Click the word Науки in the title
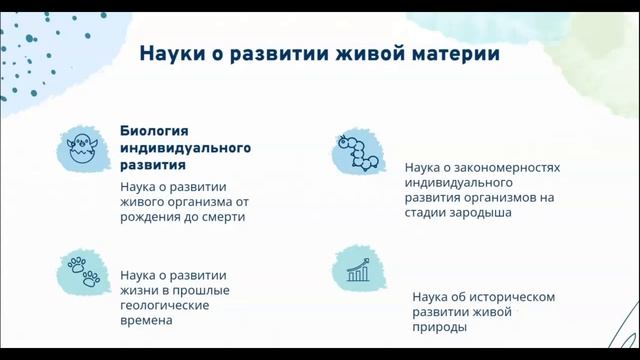170,53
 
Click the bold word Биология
155,131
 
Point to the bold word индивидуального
185,148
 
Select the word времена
146,322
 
